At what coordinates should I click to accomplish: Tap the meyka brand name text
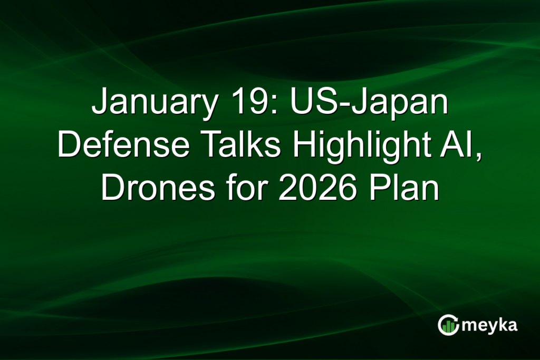click(489, 326)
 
